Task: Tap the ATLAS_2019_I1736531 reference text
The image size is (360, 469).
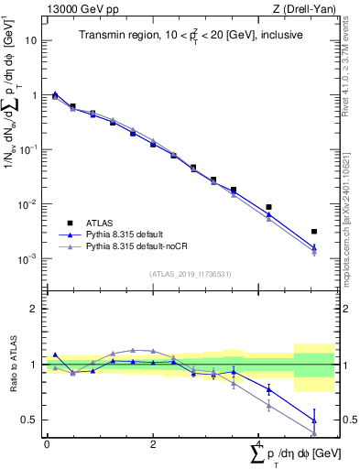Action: point(191,274)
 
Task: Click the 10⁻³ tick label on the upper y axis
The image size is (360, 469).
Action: point(27,259)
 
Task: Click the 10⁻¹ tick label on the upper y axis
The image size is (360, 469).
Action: point(27,150)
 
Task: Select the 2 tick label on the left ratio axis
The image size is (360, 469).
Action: point(33,310)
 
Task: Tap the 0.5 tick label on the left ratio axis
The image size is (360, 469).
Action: point(29,420)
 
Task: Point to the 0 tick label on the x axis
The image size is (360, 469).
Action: point(47,443)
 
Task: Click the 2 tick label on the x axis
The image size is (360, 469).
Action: point(152,443)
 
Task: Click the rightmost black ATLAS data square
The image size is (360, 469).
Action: point(314,232)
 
